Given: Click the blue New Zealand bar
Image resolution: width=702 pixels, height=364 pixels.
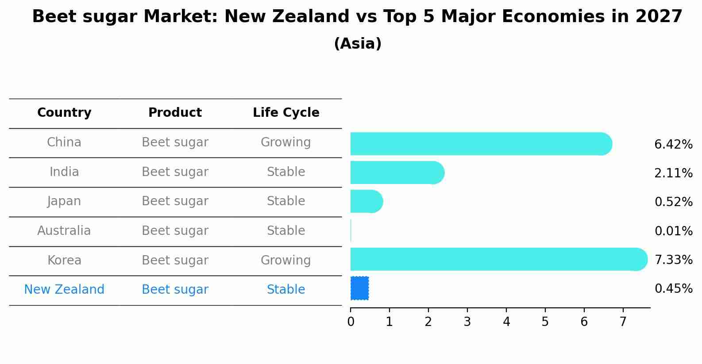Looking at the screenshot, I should coord(359,288).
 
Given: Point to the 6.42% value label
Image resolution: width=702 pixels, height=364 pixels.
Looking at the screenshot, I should coord(673,145).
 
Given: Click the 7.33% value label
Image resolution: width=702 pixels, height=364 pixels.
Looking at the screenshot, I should coord(673,260).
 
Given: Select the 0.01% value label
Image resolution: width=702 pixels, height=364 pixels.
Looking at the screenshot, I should coord(673,231).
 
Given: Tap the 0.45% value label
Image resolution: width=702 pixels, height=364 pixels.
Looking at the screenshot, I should coord(673,289).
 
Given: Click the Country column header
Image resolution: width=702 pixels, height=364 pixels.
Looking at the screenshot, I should coord(64,113).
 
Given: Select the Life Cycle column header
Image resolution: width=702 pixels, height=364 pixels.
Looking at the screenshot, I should coord(286,113).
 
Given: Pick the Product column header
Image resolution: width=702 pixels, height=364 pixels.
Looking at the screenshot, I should coord(175,113).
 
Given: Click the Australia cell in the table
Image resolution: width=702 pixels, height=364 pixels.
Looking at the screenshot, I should coord(64,231).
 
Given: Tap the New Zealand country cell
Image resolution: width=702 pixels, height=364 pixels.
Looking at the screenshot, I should coord(64,290).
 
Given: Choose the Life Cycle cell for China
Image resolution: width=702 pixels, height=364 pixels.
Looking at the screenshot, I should coord(286,142).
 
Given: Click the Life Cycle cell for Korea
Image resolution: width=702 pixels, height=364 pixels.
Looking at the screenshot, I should coord(286,261).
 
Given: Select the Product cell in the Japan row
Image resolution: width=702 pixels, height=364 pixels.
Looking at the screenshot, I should coord(175,201).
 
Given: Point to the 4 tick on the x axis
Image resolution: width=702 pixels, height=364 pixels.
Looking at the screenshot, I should coord(506,322).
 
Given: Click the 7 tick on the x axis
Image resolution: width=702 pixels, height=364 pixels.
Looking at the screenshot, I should coord(623,322).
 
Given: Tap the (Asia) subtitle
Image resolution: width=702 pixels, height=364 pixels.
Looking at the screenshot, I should coord(358,44).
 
